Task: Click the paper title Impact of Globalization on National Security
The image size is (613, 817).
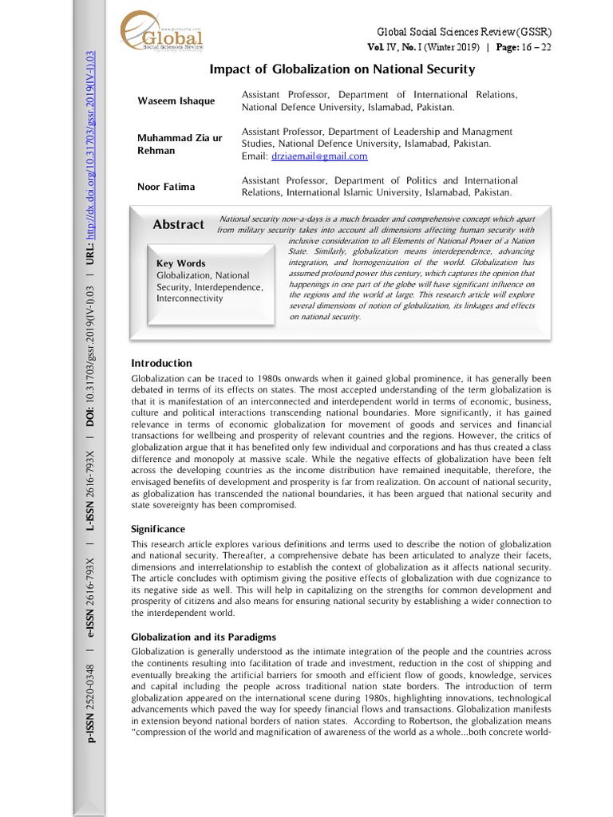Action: (x=342, y=69)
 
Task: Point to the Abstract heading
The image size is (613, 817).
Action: (x=178, y=225)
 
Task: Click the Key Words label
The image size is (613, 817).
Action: (x=180, y=263)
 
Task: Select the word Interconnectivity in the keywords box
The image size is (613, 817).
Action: (x=190, y=298)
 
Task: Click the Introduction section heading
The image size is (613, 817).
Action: (x=161, y=363)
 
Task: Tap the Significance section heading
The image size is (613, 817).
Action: (x=158, y=529)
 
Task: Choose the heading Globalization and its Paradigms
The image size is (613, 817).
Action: (x=204, y=637)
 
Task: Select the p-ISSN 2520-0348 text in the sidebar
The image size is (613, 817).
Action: (x=90, y=705)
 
